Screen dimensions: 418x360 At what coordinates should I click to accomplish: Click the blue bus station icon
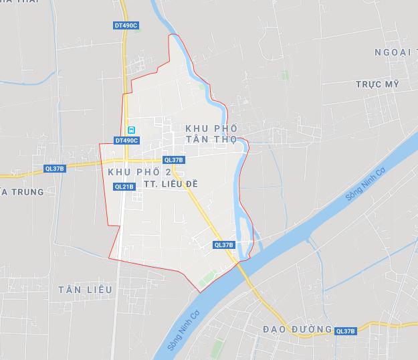pyautogui.click(x=132, y=129)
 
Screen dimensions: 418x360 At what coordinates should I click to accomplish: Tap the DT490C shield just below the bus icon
pyautogui.click(x=126, y=141)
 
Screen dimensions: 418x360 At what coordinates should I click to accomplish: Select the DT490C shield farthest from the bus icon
pyautogui.click(x=126, y=25)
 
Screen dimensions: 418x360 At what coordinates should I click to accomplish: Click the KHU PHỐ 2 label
pyautogui.click(x=139, y=173)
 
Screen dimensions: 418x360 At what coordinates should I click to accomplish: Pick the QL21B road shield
pyautogui.click(x=124, y=187)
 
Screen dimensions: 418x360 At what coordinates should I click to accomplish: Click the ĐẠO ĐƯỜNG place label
pyautogui.click(x=298, y=329)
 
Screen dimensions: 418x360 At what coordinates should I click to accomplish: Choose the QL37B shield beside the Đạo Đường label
pyautogui.click(x=345, y=331)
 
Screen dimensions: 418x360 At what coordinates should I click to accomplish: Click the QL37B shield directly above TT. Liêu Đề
pyautogui.click(x=173, y=160)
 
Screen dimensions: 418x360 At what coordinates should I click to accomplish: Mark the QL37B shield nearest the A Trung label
pyautogui.click(x=54, y=169)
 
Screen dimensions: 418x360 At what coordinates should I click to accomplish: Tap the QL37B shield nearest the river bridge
pyautogui.click(x=224, y=245)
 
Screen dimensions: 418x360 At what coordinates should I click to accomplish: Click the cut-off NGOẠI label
pyautogui.click(x=395, y=52)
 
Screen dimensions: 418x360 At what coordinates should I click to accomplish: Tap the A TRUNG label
pyautogui.click(x=22, y=192)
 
